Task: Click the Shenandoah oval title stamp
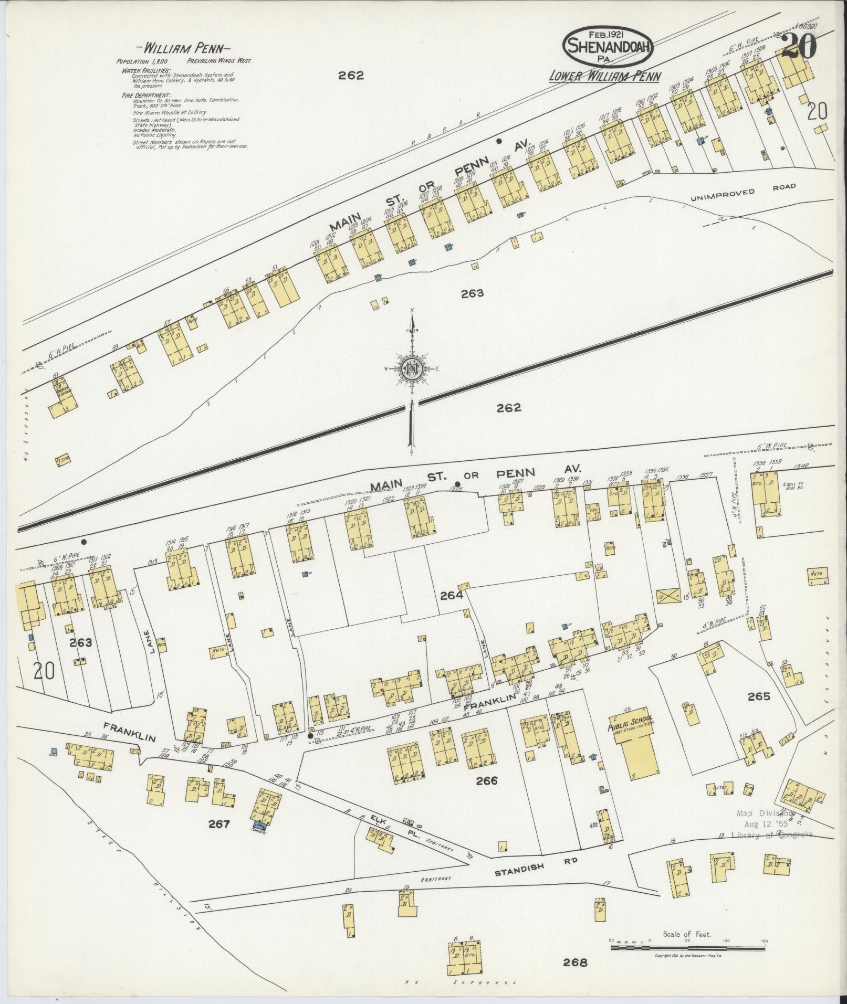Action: (608, 46)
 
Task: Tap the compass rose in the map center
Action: (412, 368)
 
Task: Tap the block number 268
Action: (575, 962)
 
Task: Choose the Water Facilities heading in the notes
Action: (146, 70)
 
